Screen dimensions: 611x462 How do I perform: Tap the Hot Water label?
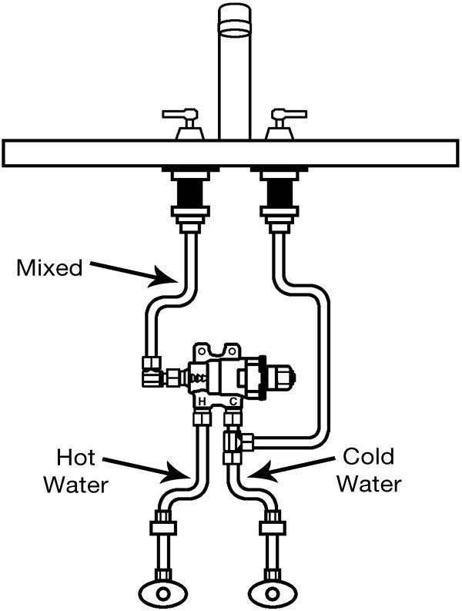[75, 472]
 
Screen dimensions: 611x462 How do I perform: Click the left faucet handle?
[185, 123]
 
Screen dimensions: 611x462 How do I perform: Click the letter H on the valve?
[201, 402]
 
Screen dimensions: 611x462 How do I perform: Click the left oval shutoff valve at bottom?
[164, 594]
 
